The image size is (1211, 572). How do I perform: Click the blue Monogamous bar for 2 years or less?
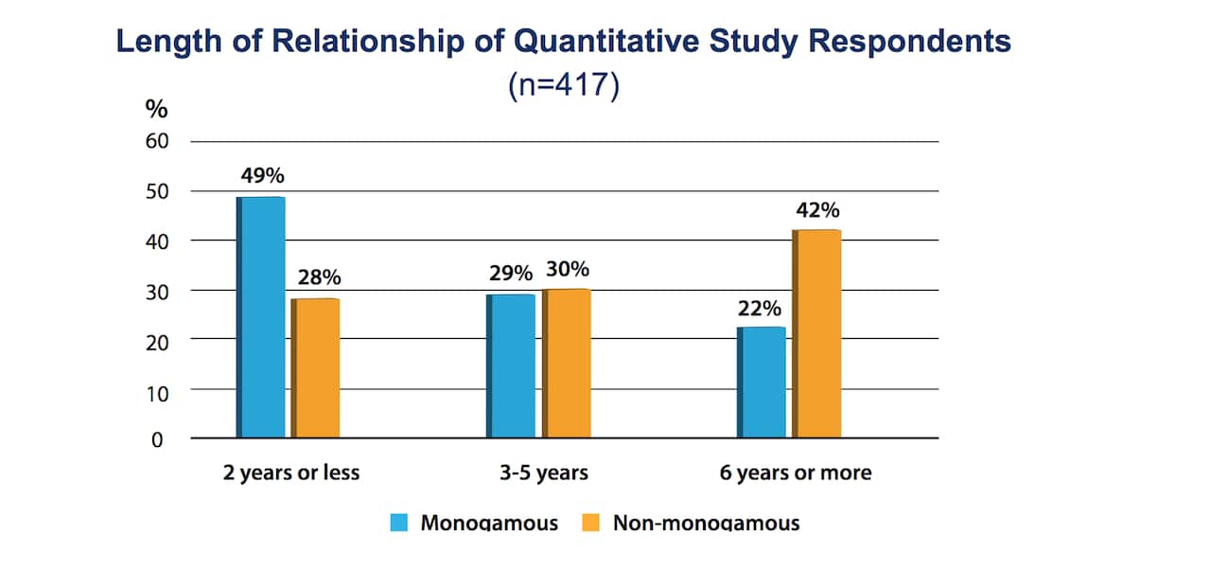point(261,317)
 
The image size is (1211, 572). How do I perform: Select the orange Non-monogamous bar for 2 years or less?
point(316,368)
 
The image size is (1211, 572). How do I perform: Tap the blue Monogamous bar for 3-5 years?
point(511,366)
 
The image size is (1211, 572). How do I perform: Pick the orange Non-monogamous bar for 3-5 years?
point(567,364)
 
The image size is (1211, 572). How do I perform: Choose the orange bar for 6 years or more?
point(817,333)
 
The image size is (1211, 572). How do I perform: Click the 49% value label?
point(262,177)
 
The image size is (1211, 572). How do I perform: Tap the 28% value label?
point(319,278)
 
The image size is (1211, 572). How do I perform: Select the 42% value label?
point(817,209)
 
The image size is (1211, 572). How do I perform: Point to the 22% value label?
point(760,308)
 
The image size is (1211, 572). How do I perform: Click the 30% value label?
point(567,270)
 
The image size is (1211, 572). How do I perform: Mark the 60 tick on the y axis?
point(156,142)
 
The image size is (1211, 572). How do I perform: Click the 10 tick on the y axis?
point(156,390)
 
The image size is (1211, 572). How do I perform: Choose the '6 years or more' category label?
point(795,473)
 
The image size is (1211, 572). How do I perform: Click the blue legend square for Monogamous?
point(399,523)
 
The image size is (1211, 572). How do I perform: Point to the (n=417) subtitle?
point(563,86)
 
